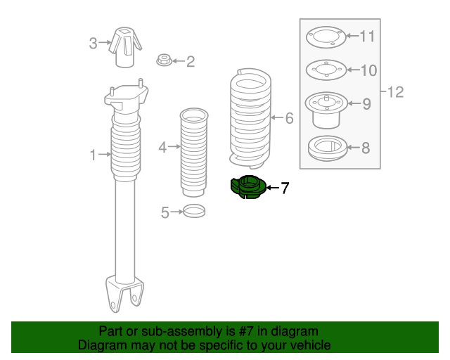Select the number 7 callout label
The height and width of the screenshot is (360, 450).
[x=285, y=188]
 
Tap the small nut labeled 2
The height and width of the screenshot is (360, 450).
[x=162, y=61]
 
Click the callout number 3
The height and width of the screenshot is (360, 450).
[x=93, y=44]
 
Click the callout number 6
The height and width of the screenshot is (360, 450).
[x=289, y=118]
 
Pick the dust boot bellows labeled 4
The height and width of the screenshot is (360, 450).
[x=193, y=151]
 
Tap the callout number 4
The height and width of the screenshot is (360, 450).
[x=162, y=148]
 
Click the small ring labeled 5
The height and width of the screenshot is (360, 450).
[x=194, y=210]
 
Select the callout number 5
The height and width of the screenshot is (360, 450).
[x=165, y=212]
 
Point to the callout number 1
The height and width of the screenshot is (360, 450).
[x=93, y=155]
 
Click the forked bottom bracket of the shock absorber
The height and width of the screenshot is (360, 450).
[x=124, y=293]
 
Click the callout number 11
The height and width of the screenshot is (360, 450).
[x=368, y=37]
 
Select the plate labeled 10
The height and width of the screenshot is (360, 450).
[x=324, y=70]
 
